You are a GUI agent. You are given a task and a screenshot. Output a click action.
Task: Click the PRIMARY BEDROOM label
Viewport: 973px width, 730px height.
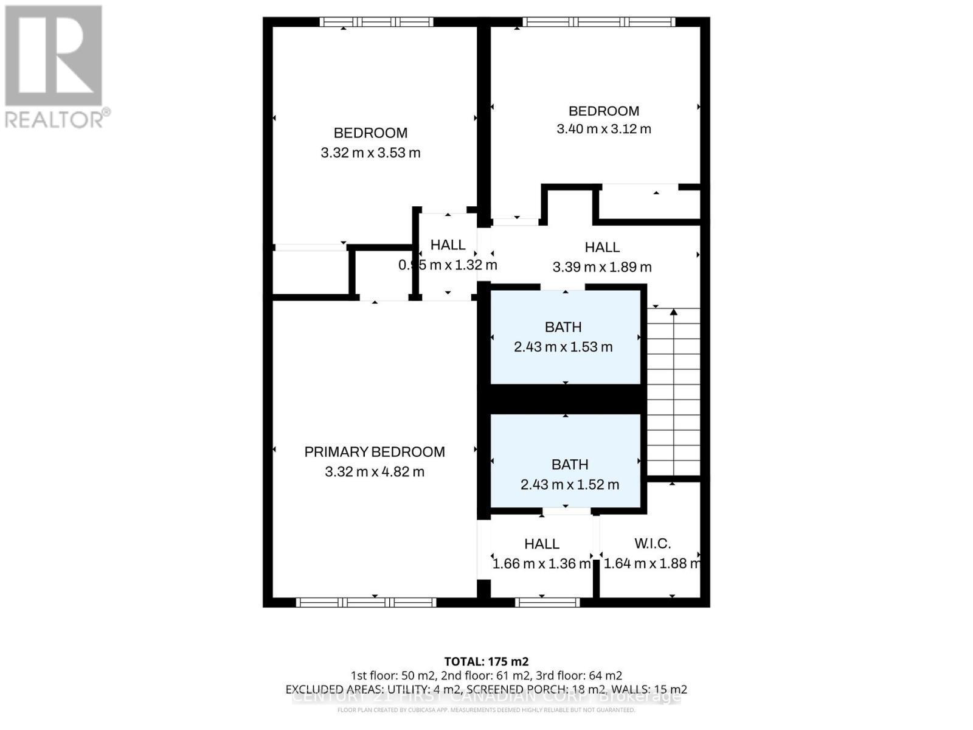375,452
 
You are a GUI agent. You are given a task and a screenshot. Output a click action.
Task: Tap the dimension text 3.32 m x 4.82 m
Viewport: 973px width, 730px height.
375,471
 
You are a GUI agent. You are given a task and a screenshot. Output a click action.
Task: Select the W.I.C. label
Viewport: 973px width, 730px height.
653,543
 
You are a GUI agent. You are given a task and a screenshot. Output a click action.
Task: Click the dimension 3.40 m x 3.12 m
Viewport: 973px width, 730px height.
604,129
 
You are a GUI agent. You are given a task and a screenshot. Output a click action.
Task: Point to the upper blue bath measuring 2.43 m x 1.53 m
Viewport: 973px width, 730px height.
564,337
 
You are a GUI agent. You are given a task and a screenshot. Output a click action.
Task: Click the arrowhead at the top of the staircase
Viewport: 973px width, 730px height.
674,313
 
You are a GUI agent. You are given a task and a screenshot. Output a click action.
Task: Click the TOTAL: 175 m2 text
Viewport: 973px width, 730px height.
486,661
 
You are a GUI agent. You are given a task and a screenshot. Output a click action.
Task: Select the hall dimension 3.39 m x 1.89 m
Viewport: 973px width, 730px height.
602,267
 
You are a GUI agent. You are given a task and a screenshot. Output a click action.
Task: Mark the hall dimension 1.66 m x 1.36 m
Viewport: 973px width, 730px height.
541,564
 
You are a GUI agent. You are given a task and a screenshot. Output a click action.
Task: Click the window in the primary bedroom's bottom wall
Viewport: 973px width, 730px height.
366,602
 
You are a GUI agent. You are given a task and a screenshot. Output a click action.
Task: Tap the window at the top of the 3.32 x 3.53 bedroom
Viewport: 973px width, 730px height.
377,22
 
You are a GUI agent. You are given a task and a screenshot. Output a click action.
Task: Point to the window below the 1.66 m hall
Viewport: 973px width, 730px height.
547,602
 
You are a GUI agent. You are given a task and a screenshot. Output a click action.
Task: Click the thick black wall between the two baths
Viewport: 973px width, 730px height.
566,399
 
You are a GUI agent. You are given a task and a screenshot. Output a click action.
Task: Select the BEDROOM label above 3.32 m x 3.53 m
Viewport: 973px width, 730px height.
370,133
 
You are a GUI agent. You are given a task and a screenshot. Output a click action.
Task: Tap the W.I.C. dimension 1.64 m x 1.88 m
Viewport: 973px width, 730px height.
651,564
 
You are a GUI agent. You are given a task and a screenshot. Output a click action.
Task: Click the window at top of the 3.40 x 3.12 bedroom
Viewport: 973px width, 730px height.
599,22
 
